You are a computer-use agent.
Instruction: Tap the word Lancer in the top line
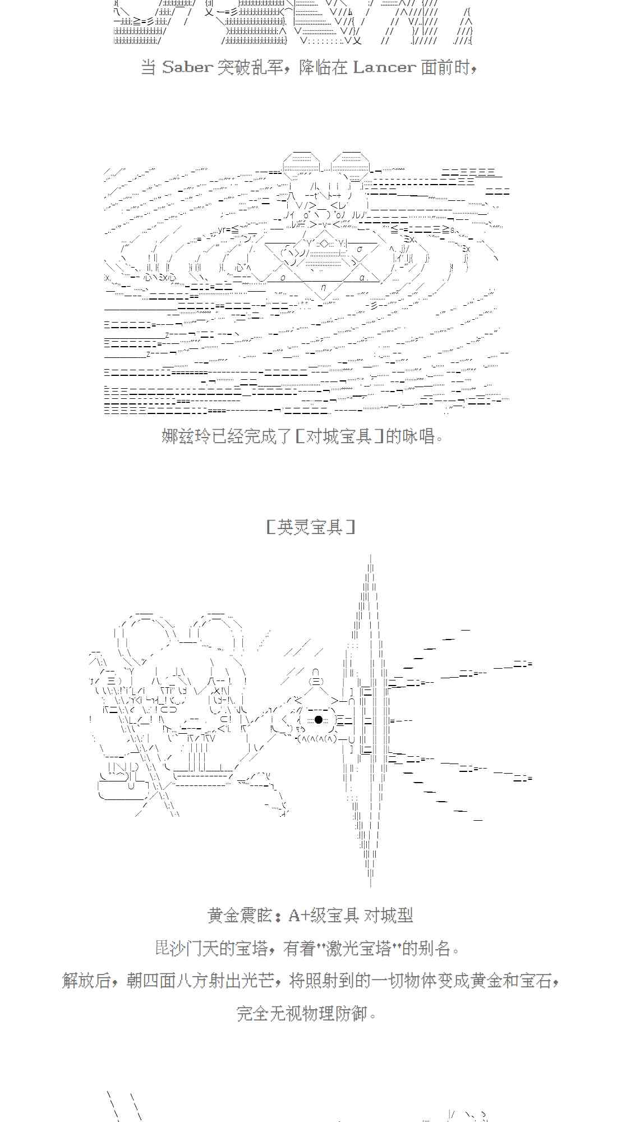point(384,68)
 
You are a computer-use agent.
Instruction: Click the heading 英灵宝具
point(310,527)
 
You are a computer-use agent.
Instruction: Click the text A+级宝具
point(323,916)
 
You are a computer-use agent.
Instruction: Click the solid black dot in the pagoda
point(319,720)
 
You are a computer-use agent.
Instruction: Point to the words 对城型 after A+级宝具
point(389,916)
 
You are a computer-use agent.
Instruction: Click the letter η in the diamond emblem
point(324,288)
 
